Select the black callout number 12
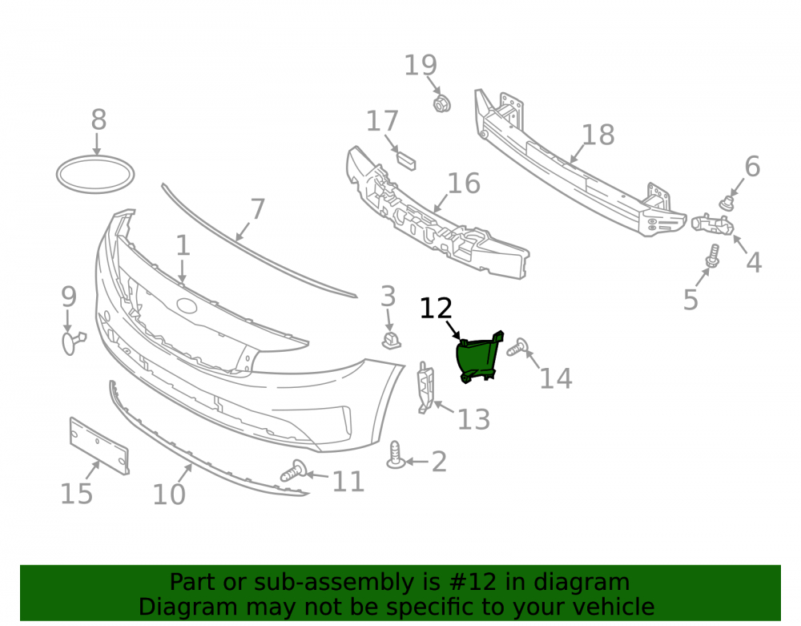click(x=436, y=309)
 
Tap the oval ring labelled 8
click(x=95, y=175)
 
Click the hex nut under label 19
click(x=441, y=103)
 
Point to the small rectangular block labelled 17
click(x=406, y=160)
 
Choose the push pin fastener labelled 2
click(x=396, y=454)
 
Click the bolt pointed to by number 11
click(x=293, y=471)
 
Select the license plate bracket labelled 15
click(x=99, y=446)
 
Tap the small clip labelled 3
click(x=392, y=340)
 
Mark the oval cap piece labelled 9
click(x=73, y=342)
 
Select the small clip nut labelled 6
click(x=727, y=204)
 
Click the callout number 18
click(x=598, y=135)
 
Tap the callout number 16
click(x=464, y=184)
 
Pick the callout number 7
click(x=258, y=209)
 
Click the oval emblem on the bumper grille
click(x=187, y=305)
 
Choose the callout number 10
click(x=169, y=495)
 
